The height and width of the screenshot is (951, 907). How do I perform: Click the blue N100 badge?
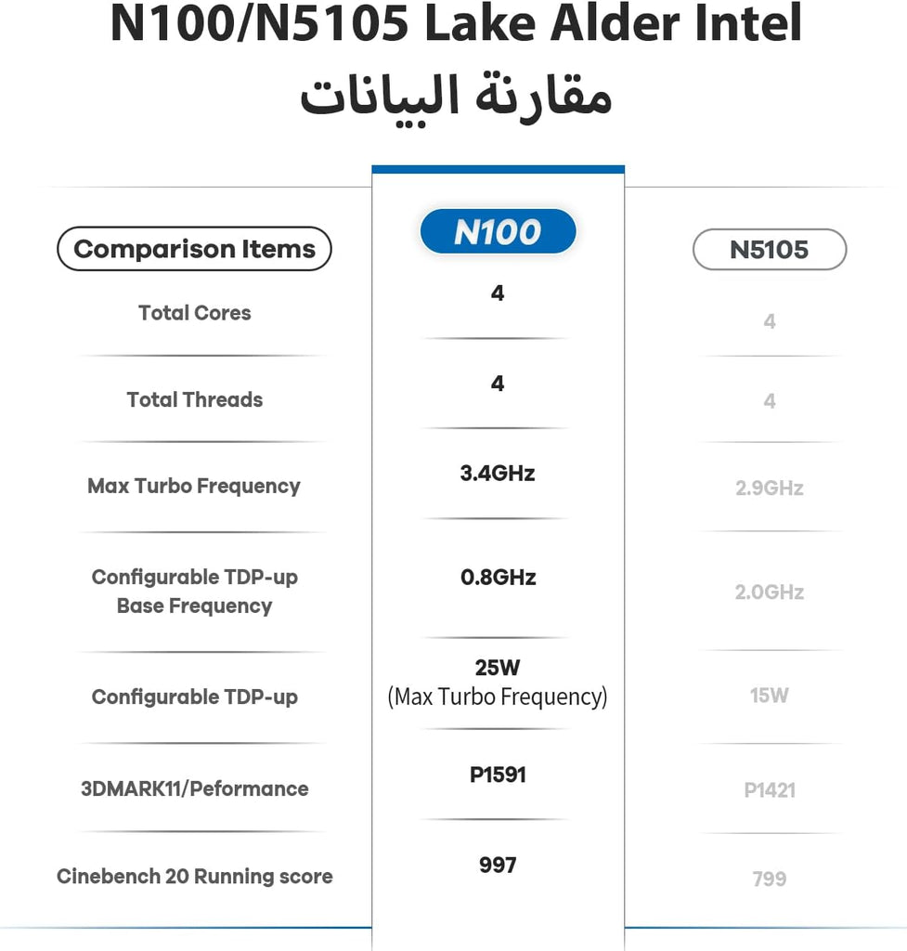point(498,232)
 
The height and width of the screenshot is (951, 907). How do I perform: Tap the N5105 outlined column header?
point(770,249)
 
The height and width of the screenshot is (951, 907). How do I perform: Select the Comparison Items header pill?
point(194,249)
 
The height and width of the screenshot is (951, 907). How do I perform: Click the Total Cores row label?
point(195,313)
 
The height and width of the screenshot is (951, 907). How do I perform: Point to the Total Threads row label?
point(195,400)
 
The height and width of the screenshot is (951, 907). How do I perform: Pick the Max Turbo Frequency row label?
point(194,487)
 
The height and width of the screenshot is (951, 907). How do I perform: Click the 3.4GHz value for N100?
point(498,474)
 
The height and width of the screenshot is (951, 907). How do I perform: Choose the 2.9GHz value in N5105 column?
point(770,489)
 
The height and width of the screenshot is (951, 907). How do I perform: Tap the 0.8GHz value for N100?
point(499,578)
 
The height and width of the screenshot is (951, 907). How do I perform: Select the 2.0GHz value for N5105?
point(770,593)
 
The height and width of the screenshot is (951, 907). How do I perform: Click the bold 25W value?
point(498,668)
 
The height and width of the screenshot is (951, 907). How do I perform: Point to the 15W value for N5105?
point(770,696)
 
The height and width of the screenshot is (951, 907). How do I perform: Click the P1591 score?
point(498,775)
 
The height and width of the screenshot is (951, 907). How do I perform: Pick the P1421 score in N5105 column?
point(770,790)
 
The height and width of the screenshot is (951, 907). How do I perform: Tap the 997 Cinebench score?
point(498,866)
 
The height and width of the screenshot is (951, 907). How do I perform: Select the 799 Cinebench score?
point(770,879)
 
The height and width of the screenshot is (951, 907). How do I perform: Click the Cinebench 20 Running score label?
point(195,877)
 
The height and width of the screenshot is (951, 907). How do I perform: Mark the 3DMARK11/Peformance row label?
point(195,789)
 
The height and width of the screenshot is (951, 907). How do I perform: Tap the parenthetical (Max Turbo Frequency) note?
point(498,697)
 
